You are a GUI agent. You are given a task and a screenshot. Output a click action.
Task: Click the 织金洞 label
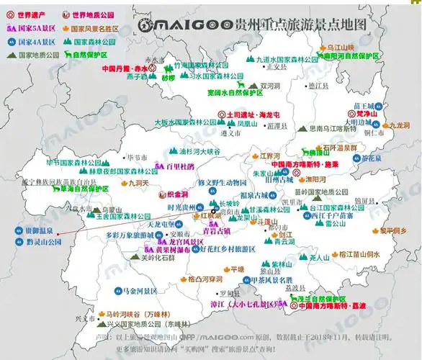(174, 194)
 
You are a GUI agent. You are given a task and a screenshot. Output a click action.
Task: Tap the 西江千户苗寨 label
(333, 215)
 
